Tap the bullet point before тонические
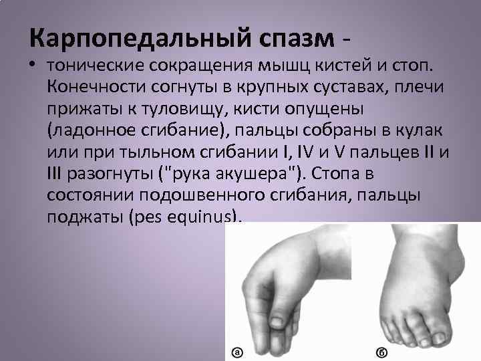point(33,66)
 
